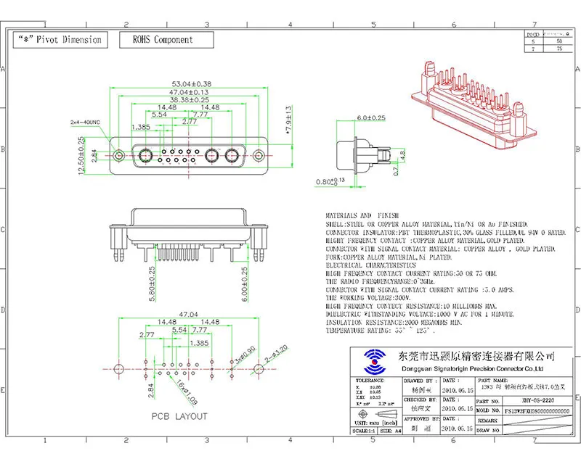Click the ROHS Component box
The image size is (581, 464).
point(163,40)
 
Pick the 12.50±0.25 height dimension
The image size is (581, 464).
point(81,155)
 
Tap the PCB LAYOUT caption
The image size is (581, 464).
point(179,416)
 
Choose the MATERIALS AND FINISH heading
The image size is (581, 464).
point(360,216)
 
